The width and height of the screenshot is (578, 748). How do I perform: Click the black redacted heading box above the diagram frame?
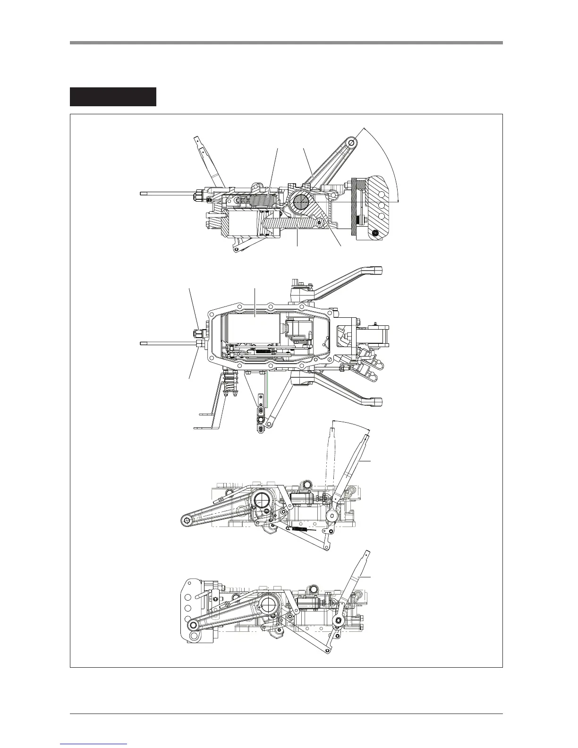point(113,97)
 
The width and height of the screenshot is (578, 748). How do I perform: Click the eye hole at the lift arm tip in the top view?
point(351,142)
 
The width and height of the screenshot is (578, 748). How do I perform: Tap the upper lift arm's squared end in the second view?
point(376,271)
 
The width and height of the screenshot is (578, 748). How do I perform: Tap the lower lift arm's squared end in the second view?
point(376,402)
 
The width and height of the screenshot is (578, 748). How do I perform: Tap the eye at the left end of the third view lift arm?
point(187,520)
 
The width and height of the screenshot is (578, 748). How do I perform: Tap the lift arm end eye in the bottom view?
point(193,625)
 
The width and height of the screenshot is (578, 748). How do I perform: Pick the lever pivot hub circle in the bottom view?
point(339,620)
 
